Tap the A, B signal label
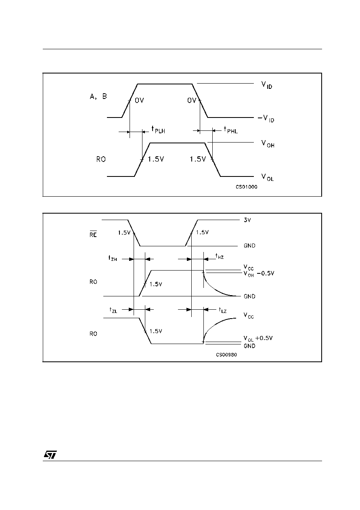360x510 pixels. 98,97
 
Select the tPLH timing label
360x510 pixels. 158,130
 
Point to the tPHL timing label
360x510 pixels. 231,130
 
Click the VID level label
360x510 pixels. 267,85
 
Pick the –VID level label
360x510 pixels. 266,119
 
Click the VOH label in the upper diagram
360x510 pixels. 268,144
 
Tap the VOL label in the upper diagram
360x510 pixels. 268,177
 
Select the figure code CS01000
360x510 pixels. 247,187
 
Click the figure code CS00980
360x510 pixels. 226,355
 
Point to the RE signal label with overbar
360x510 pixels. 93,234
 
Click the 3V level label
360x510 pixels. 247,220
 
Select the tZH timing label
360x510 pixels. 113,258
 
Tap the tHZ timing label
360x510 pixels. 220,256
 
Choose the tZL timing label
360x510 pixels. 113,310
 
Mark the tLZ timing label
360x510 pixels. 223,310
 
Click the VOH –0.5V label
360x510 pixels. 259,274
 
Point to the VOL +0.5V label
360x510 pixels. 258,338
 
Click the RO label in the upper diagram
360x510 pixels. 101,159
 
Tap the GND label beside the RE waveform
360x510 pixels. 249,246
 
